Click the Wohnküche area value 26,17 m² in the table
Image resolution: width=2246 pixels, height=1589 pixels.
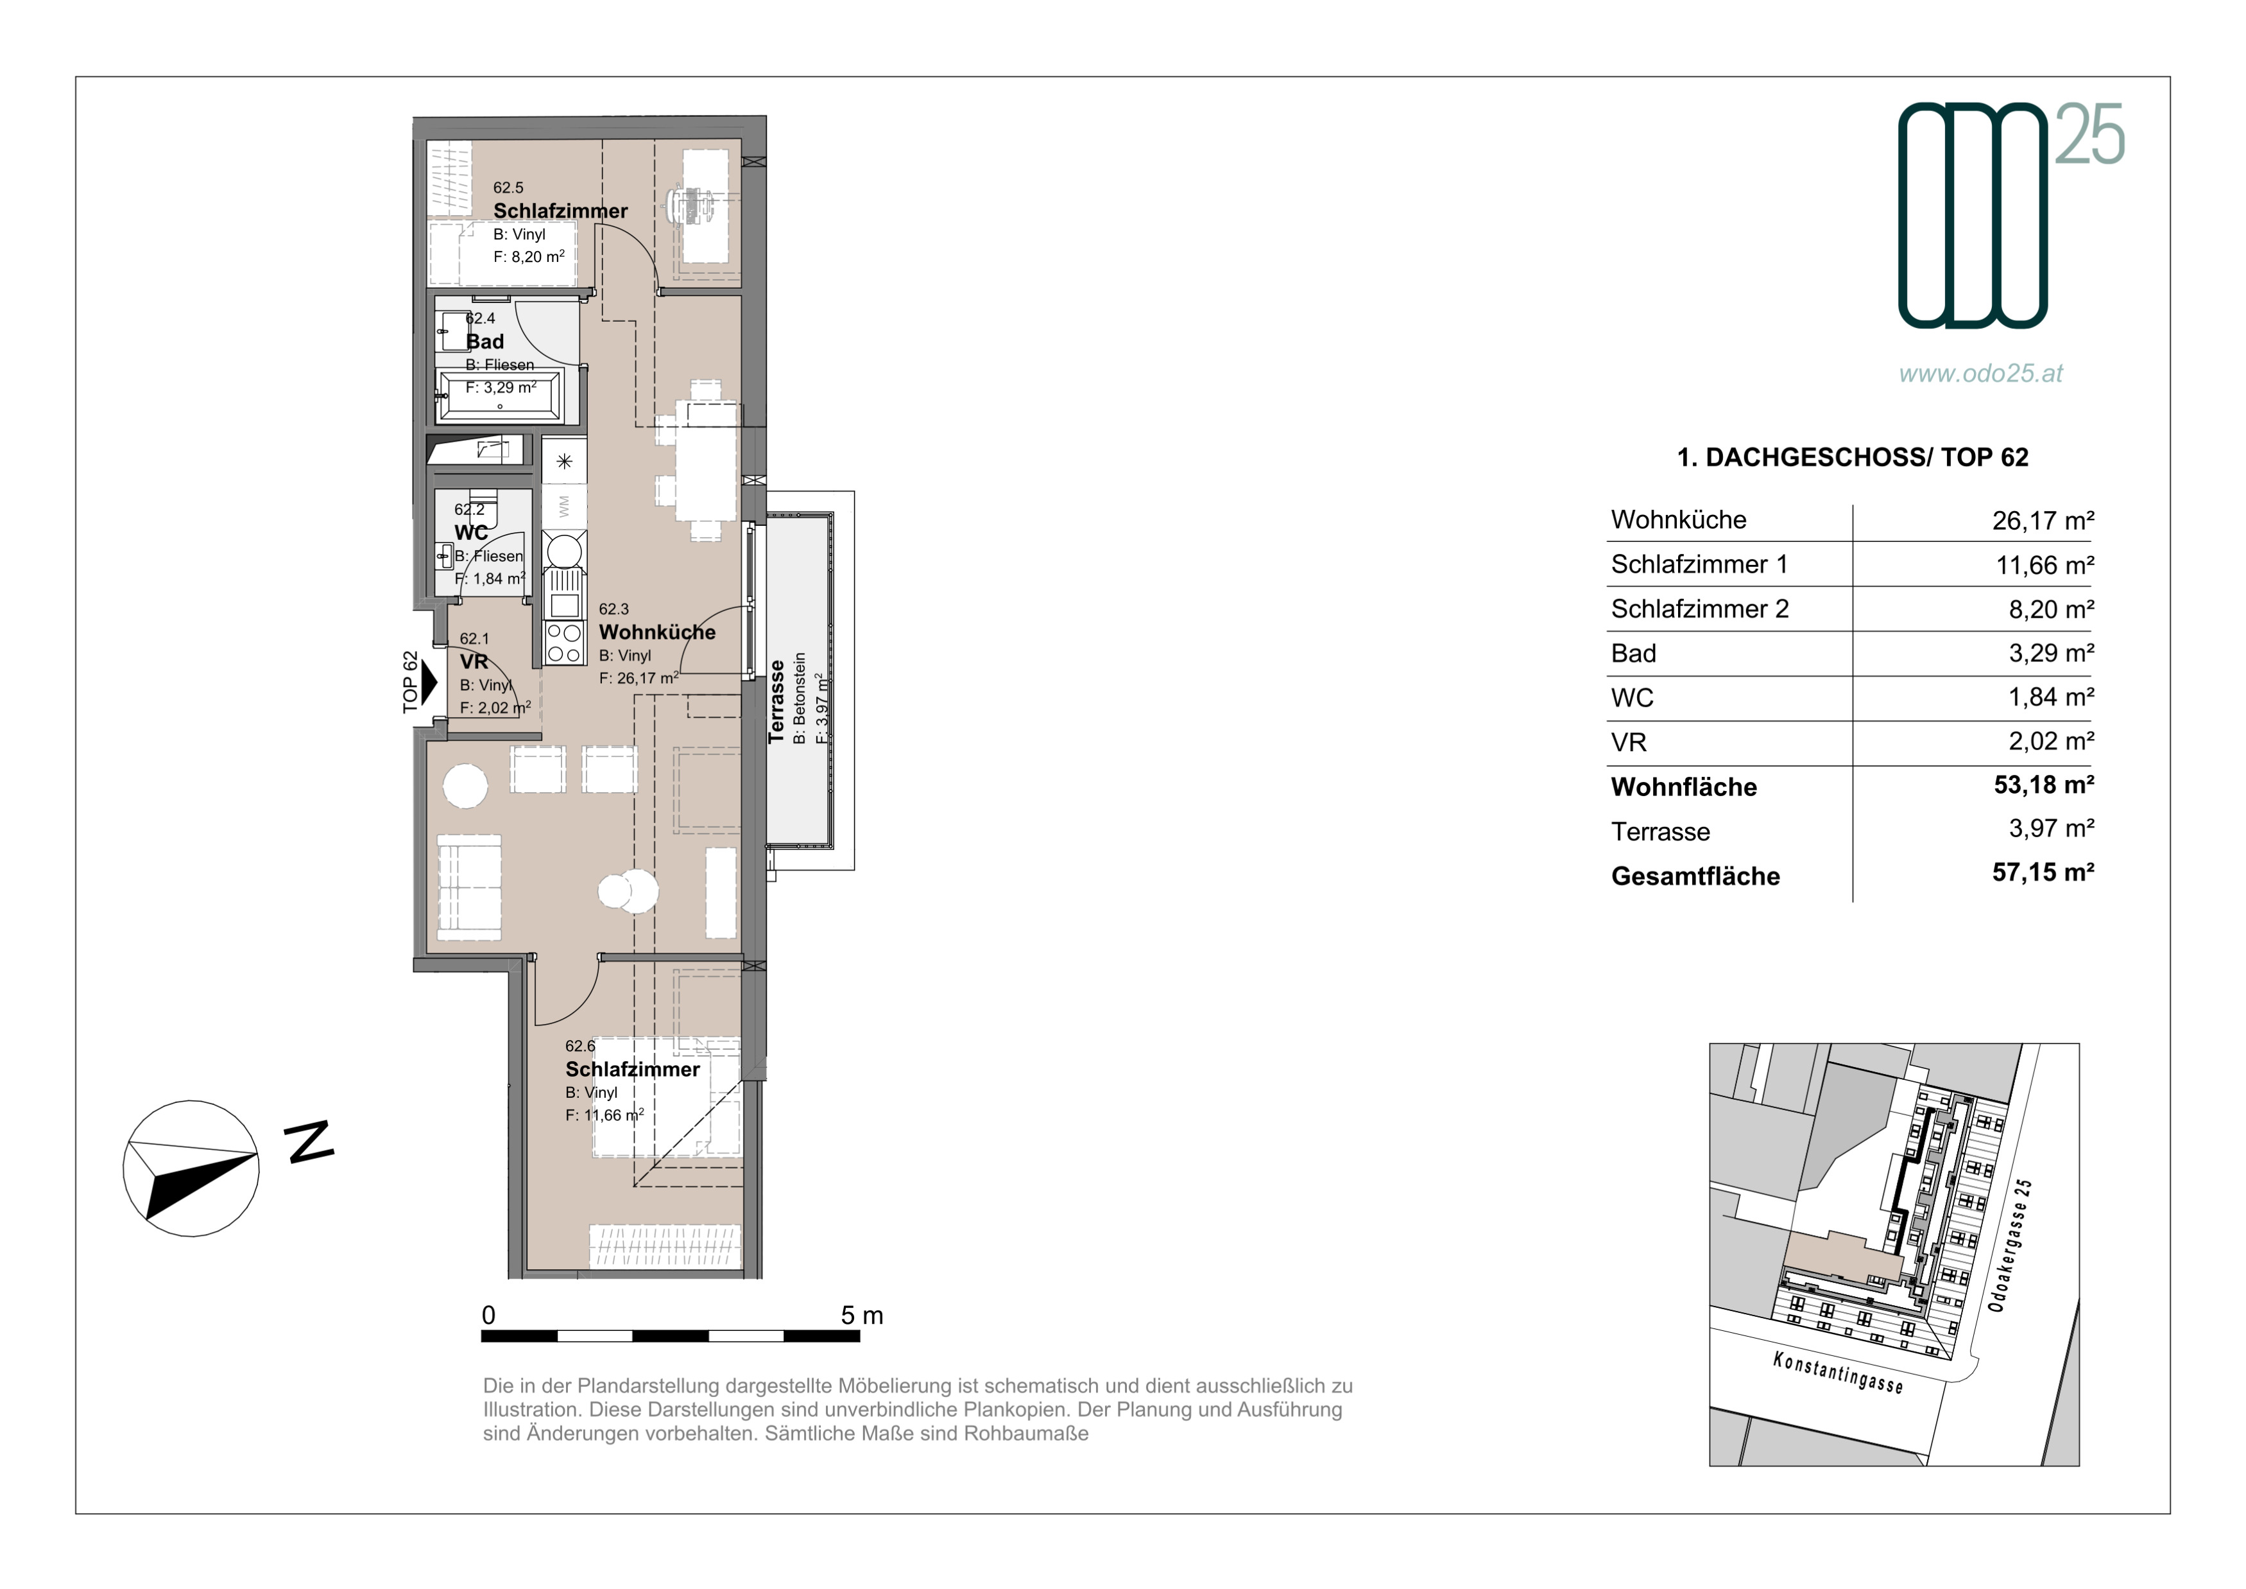(2043, 521)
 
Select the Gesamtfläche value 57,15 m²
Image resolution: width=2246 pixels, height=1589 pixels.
(2043, 872)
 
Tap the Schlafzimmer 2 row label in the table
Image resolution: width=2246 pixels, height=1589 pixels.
(1699, 609)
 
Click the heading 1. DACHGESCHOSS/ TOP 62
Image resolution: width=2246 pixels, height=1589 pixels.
(1853, 457)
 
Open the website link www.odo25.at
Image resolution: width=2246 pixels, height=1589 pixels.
(1981, 373)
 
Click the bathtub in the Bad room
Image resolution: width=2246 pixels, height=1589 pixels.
(500, 396)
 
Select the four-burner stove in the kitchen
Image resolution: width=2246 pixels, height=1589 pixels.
(565, 643)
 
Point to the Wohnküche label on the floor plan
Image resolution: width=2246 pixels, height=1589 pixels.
(657, 632)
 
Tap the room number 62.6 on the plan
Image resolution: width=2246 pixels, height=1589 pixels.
(580, 1046)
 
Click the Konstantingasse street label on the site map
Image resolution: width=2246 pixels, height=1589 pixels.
(1838, 1372)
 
